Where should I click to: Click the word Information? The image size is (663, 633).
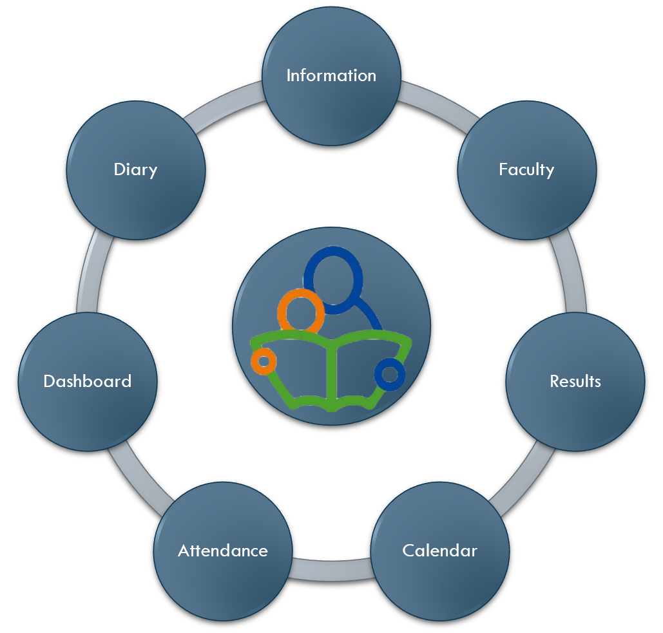331,75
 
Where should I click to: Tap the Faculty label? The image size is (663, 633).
526,169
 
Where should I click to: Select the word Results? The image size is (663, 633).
575,381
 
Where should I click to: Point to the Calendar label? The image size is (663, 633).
439,551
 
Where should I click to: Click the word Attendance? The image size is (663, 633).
222,551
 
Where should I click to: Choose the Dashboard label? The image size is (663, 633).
87,381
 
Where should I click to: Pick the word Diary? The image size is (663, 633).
135,169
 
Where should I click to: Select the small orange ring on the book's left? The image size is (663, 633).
264,361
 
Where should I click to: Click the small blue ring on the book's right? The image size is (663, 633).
389,373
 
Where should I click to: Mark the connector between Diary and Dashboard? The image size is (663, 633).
90,274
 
